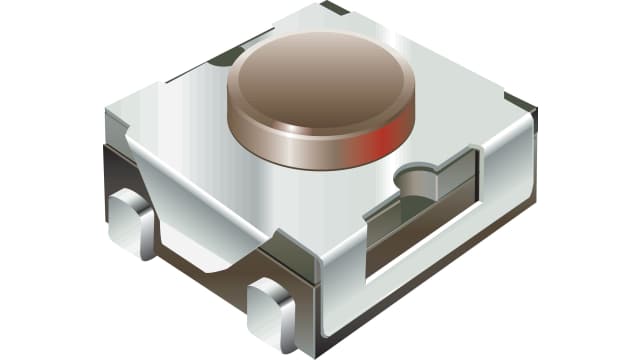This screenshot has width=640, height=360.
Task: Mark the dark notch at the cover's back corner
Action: pyautogui.click(x=336, y=8)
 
